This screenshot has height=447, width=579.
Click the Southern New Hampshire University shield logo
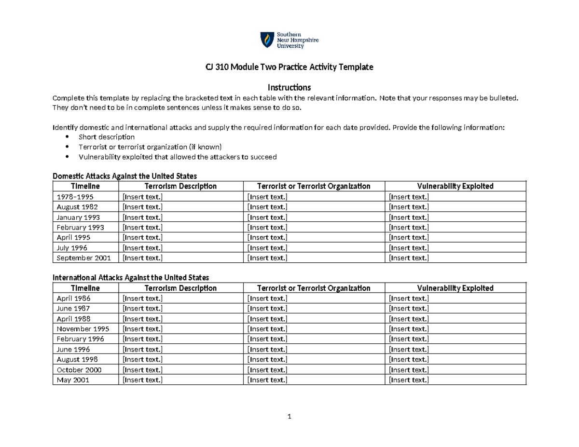pos(266,40)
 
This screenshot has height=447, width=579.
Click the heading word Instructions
pos(289,88)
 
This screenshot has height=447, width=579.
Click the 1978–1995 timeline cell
pos(75,197)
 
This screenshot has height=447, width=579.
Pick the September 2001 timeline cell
pos(83,258)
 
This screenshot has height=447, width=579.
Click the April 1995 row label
pos(73,238)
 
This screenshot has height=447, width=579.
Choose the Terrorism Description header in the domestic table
pos(180,186)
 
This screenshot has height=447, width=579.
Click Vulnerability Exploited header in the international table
pos(455,288)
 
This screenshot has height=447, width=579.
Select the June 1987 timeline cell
pos(73,309)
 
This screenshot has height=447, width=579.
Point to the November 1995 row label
pos(83,329)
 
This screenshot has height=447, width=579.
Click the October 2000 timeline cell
pos(79,370)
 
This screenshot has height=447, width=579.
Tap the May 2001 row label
pos(72,380)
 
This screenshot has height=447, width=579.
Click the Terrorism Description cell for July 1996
pos(143,248)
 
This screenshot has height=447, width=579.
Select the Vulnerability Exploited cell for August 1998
pos(409,360)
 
